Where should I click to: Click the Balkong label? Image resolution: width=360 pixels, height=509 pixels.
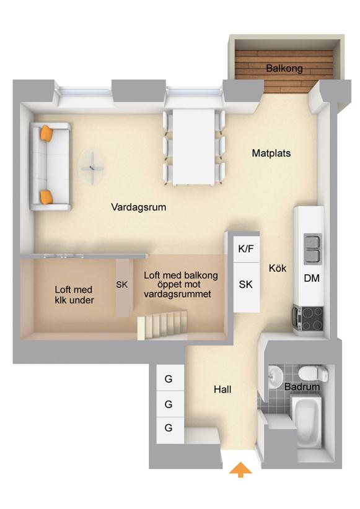[284, 69]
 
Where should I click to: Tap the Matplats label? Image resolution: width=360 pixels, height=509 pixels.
[271, 153]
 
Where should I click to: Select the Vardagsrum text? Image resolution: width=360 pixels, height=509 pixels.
[139, 207]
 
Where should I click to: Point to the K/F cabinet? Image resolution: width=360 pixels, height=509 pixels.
[246, 249]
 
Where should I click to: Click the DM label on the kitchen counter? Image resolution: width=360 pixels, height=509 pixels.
[312, 278]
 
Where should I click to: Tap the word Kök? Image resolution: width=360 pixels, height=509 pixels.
[278, 268]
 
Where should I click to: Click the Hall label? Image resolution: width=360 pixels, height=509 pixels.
[222, 389]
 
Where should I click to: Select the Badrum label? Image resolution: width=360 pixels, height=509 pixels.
[302, 386]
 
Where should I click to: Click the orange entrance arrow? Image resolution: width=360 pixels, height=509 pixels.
[240, 469]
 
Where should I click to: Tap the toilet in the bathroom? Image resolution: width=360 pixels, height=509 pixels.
[314, 373]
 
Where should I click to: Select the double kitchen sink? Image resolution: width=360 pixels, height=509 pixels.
[312, 249]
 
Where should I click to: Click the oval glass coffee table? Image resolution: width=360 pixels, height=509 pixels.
[92, 167]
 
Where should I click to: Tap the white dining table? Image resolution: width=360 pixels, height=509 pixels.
[194, 147]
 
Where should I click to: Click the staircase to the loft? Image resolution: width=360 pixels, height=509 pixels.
[162, 325]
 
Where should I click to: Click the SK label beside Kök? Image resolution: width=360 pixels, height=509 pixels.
[245, 284]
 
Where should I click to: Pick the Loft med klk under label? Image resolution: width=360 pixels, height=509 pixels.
[74, 295]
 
